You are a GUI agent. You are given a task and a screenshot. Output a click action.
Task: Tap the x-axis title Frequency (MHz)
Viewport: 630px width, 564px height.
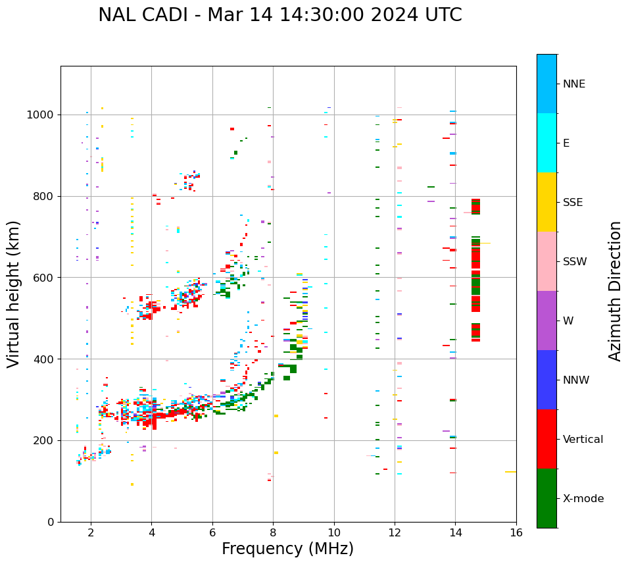[x=287, y=549]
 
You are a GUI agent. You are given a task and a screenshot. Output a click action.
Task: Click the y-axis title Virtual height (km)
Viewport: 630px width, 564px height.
[x=14, y=294]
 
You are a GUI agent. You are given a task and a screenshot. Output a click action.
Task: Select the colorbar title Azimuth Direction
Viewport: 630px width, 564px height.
[x=615, y=291]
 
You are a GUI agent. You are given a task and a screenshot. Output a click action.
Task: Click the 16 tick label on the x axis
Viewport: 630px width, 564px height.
[x=516, y=532]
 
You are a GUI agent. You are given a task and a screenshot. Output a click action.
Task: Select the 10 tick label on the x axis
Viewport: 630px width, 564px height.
[x=334, y=532]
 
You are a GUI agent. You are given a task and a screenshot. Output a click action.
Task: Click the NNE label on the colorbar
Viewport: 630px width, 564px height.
[x=573, y=84]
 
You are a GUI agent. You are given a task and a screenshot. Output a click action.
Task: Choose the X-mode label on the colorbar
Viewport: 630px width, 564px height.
[x=583, y=499]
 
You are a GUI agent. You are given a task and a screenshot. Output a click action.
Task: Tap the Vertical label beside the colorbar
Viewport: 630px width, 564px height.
[x=583, y=440]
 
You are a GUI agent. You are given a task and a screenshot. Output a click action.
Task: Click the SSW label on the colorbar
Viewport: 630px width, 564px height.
[x=574, y=262]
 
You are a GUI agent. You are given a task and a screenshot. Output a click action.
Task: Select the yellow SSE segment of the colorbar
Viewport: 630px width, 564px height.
[x=546, y=202]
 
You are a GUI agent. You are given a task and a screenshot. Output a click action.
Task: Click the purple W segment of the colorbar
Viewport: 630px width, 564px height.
[x=546, y=320]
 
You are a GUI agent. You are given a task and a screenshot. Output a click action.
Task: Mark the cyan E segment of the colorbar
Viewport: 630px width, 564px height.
[x=546, y=143]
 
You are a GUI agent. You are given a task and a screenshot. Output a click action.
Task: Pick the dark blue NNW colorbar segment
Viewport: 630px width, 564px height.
[x=546, y=380]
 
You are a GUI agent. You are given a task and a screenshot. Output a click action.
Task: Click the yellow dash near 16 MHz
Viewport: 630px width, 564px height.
[x=510, y=472]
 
